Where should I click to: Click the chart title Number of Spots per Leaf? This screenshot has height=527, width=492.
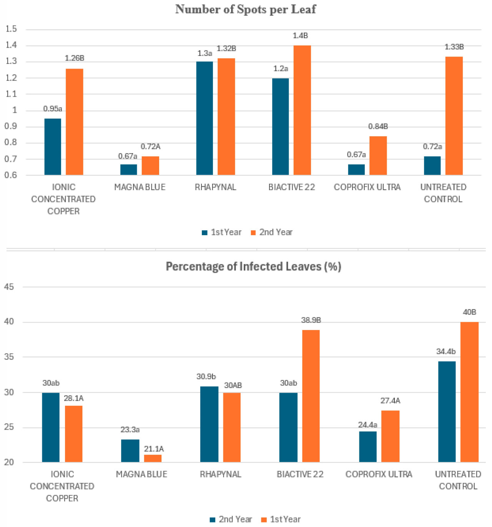click(x=246, y=9)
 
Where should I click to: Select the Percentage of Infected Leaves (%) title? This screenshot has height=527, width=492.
click(x=253, y=266)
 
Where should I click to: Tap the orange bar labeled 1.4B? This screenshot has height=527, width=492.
click(x=302, y=110)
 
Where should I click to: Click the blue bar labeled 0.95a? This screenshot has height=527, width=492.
click(x=53, y=147)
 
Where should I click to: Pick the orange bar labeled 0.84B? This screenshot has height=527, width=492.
click(x=378, y=156)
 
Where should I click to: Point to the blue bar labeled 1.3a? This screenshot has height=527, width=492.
click(x=204, y=119)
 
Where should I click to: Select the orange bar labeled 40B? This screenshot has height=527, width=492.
click(x=469, y=392)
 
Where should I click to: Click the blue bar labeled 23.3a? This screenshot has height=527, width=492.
click(x=130, y=450)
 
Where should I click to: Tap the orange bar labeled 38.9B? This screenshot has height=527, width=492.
click(x=311, y=396)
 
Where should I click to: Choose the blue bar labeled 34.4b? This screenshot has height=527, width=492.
click(x=447, y=412)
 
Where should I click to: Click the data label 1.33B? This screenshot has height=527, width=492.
click(x=454, y=47)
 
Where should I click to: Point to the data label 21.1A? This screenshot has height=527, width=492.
click(x=154, y=449)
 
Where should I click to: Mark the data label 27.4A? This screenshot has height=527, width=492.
click(x=390, y=401)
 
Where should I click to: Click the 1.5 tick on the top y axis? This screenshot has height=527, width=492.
click(x=12, y=29)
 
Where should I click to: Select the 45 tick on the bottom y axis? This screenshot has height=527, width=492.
click(x=9, y=287)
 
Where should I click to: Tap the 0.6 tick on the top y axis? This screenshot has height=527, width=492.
click(x=12, y=175)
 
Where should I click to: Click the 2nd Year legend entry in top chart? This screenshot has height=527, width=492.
click(x=272, y=233)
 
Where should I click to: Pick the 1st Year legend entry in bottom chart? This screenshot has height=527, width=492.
click(x=281, y=519)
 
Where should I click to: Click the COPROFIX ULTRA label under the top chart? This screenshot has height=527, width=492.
click(x=367, y=187)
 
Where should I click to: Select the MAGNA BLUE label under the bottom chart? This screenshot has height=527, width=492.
click(x=141, y=474)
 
